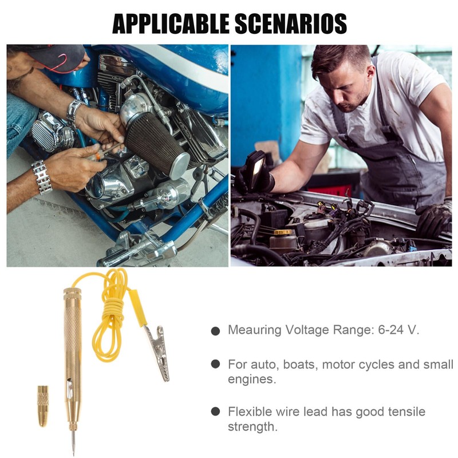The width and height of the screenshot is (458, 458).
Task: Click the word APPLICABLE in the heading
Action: tap(171, 23)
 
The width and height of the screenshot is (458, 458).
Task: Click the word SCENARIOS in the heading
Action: tap(291, 23)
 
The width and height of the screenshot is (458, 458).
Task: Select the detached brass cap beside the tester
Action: tap(43, 406)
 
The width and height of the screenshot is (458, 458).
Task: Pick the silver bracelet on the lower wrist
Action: tap(41, 177)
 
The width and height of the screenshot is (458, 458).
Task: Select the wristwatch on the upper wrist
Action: tap(74, 113)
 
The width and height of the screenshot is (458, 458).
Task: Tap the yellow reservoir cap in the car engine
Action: tap(283, 232)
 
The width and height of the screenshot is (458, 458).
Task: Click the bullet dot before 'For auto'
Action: tap(215, 364)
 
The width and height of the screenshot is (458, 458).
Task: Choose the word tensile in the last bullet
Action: tap(406, 412)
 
